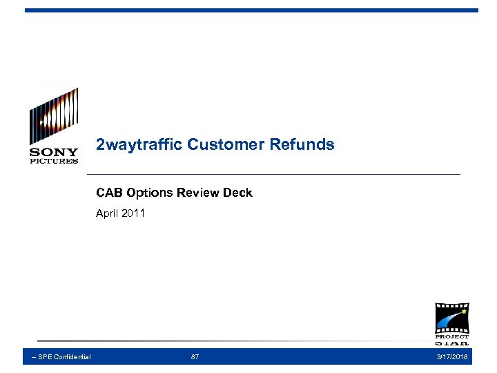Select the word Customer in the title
[x=217, y=145]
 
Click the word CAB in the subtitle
[x=108, y=193]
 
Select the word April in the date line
[x=108, y=213]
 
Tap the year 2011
[x=133, y=213]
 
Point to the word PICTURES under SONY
[x=54, y=161]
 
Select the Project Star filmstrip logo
[x=451, y=323]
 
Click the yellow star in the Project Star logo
[x=464, y=312]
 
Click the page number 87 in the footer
[x=195, y=356]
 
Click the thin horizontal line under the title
[x=276, y=174]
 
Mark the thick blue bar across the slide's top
[x=251, y=10]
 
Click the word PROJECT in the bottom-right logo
[x=451, y=337]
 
